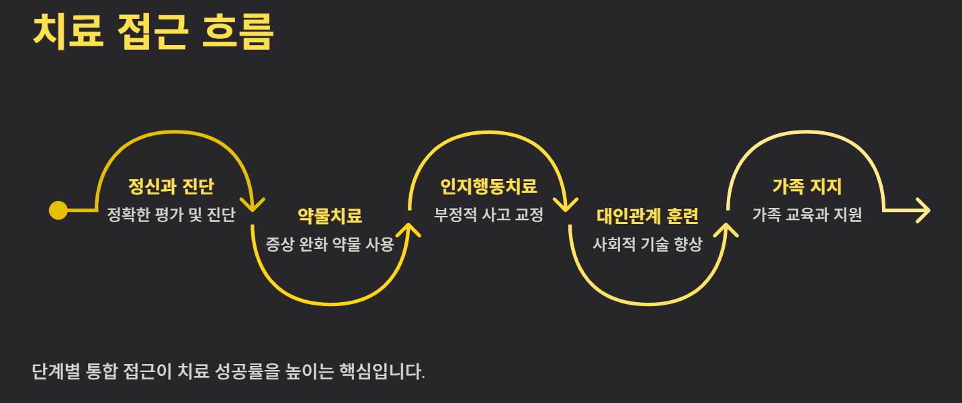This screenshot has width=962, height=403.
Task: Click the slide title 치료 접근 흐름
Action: pyautogui.click(x=153, y=32)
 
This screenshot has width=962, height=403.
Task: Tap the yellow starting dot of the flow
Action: pyautogui.click(x=58, y=211)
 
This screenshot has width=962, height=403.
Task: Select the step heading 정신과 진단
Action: pyautogui.click(x=171, y=186)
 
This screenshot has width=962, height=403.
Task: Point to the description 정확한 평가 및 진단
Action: pyautogui.click(x=171, y=215)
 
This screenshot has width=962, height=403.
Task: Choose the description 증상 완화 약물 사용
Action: pyautogui.click(x=329, y=244)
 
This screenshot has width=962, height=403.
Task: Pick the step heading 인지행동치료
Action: pyautogui.click(x=488, y=186)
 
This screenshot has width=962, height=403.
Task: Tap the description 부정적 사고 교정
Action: pyautogui.click(x=488, y=215)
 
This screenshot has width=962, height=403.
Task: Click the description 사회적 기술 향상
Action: pyautogui.click(x=648, y=244)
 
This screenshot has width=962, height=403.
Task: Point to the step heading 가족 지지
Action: pyautogui.click(x=807, y=186)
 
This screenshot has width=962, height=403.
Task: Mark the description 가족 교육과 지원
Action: pyautogui.click(x=807, y=215)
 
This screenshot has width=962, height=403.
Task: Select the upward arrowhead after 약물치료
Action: pyautogui.click(x=408, y=229)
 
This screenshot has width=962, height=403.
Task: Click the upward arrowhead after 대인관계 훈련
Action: pyautogui.click(x=726, y=229)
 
